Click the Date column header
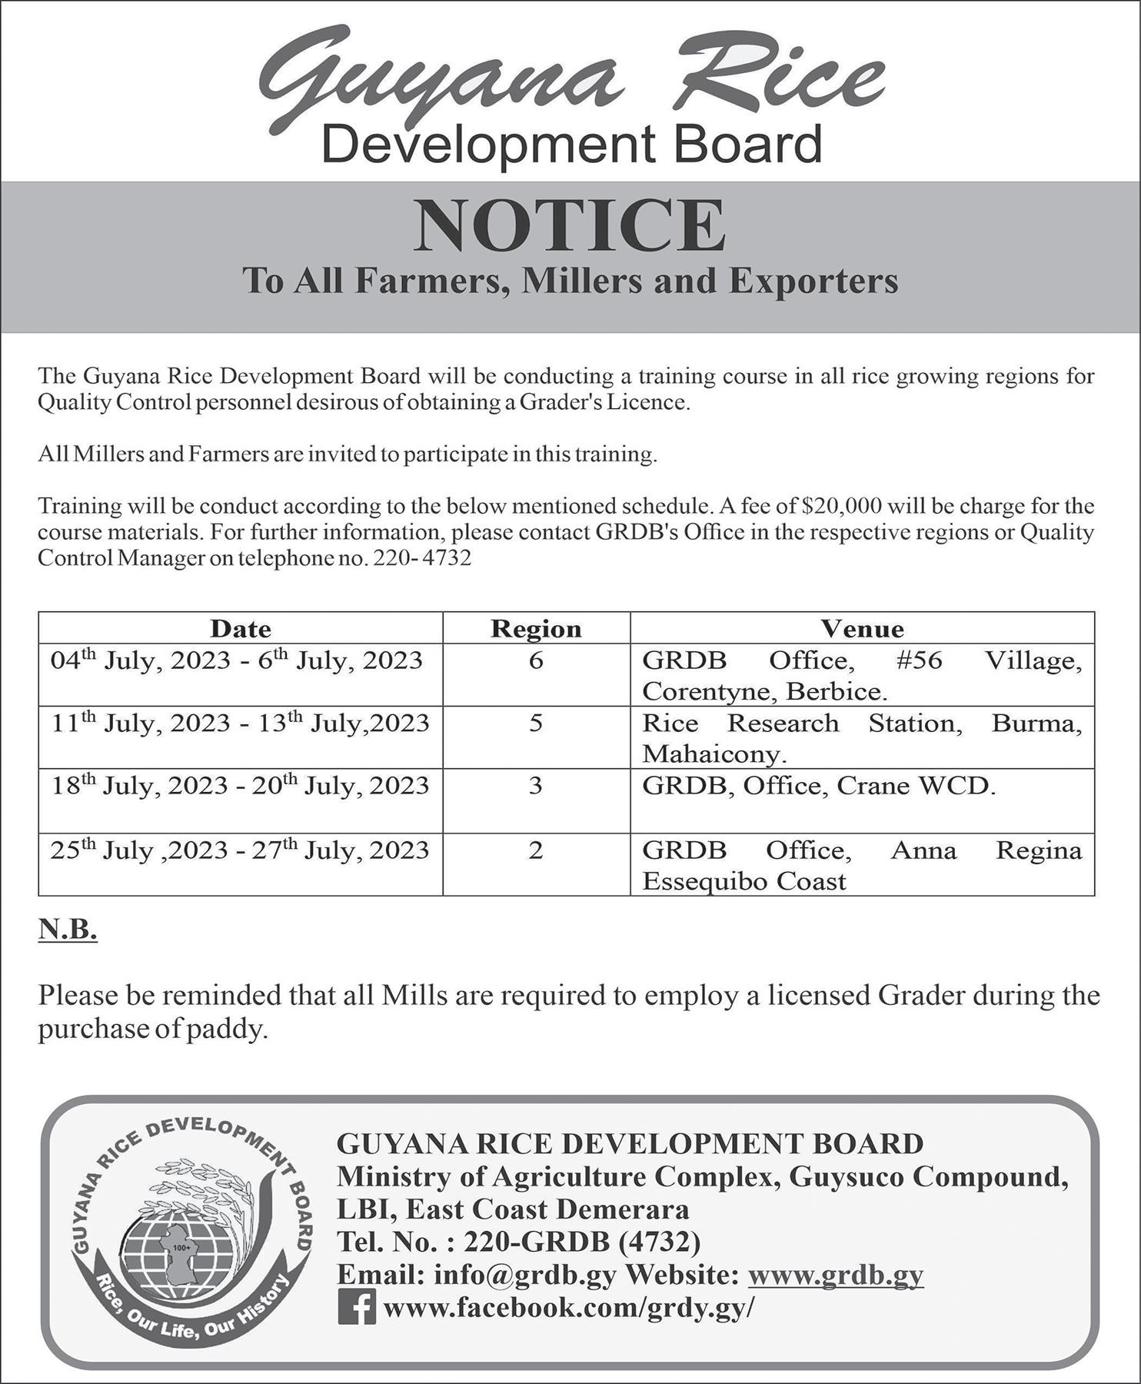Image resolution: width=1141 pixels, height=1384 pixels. tap(241, 629)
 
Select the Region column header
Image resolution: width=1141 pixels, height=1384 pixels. tap(536, 629)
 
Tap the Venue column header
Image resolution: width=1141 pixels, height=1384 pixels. tap(862, 629)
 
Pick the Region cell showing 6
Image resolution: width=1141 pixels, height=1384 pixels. tap(536, 660)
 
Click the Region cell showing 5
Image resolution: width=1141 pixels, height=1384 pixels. tap(536, 724)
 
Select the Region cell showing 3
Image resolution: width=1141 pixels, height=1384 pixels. tap(536, 786)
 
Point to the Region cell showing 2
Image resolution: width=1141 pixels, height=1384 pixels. tap(536, 850)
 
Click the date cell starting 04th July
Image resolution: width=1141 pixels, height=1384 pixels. tap(238, 660)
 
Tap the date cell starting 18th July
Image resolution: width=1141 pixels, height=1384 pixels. tap(241, 786)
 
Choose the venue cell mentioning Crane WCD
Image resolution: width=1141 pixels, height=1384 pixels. tap(819, 787)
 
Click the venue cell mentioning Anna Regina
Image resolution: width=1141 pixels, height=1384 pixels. tap(862, 865)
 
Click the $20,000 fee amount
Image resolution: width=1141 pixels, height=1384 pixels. tap(840, 507)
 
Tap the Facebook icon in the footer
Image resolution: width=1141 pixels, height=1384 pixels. tap(357, 1307)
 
